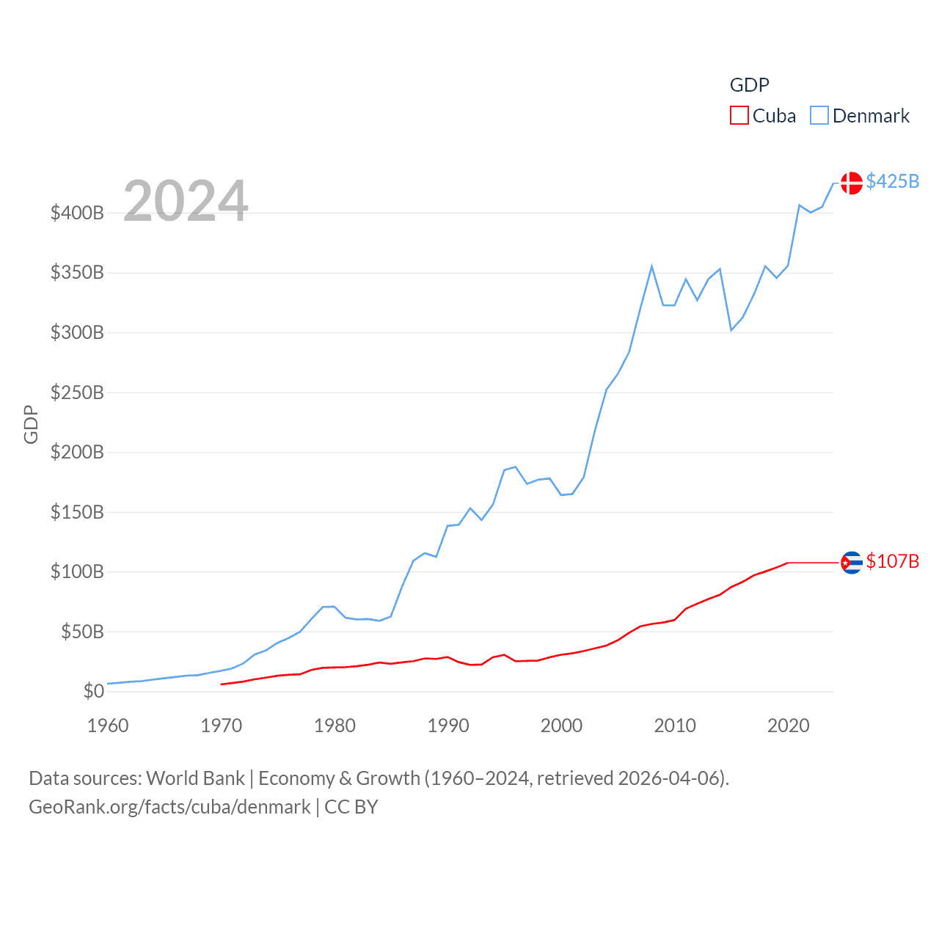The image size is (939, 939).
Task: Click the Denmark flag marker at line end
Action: (851, 183)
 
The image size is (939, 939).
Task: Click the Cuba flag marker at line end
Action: (851, 563)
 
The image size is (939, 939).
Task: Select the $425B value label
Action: (892, 181)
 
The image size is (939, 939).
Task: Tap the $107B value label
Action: (892, 561)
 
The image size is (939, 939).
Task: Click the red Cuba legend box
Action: (739, 116)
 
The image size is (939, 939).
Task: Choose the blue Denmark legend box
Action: (819, 116)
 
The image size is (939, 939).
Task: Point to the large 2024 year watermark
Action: (186, 201)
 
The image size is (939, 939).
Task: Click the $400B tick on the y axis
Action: (77, 213)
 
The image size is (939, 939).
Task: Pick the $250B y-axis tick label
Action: (77, 392)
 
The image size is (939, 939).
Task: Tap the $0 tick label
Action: (93, 691)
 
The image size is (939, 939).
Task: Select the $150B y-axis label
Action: (77, 512)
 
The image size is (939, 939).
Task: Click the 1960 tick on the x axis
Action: (108, 726)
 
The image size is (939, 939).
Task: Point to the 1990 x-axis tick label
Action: (448, 726)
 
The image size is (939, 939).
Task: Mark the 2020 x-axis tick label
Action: (789, 726)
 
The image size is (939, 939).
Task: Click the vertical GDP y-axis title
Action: (31, 424)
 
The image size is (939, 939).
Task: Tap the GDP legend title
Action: (749, 85)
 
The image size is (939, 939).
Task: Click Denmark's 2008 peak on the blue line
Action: (651, 267)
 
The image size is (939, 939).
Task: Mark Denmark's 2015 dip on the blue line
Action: (731, 329)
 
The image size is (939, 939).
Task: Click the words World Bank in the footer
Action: (195, 778)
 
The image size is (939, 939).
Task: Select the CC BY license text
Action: (351, 807)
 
